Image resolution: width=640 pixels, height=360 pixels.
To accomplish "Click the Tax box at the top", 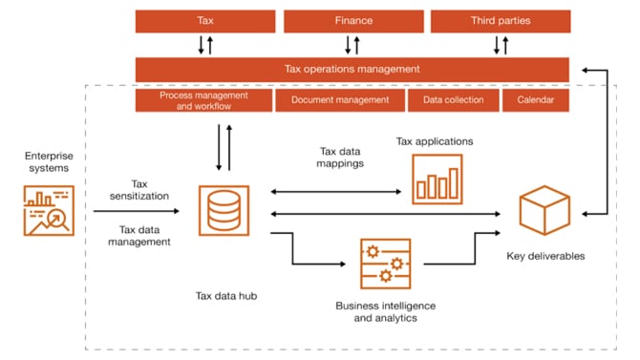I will (x=205, y=21).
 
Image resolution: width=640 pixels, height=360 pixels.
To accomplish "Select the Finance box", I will (x=353, y=21).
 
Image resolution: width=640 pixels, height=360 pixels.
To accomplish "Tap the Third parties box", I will (x=501, y=21).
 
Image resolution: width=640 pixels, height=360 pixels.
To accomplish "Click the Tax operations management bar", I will (x=352, y=69).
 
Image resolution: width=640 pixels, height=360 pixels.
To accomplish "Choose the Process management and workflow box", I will (x=203, y=100).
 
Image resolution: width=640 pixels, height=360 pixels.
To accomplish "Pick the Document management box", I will (x=339, y=100).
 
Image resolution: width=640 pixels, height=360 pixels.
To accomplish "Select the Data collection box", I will (x=453, y=100).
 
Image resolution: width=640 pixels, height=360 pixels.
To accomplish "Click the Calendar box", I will (x=536, y=100).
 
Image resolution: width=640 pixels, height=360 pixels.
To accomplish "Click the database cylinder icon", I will (x=224, y=210).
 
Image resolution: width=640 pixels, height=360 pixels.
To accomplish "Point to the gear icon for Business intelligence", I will (x=385, y=264).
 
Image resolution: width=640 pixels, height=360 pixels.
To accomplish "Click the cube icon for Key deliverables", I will (x=544, y=209).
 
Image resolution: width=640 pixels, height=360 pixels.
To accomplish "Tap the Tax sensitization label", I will (x=139, y=189).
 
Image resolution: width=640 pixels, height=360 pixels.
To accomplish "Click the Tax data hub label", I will (x=224, y=296).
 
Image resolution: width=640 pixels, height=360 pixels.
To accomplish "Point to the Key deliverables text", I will (x=544, y=256).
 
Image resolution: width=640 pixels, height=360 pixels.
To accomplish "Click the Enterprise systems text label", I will (x=48, y=160).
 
